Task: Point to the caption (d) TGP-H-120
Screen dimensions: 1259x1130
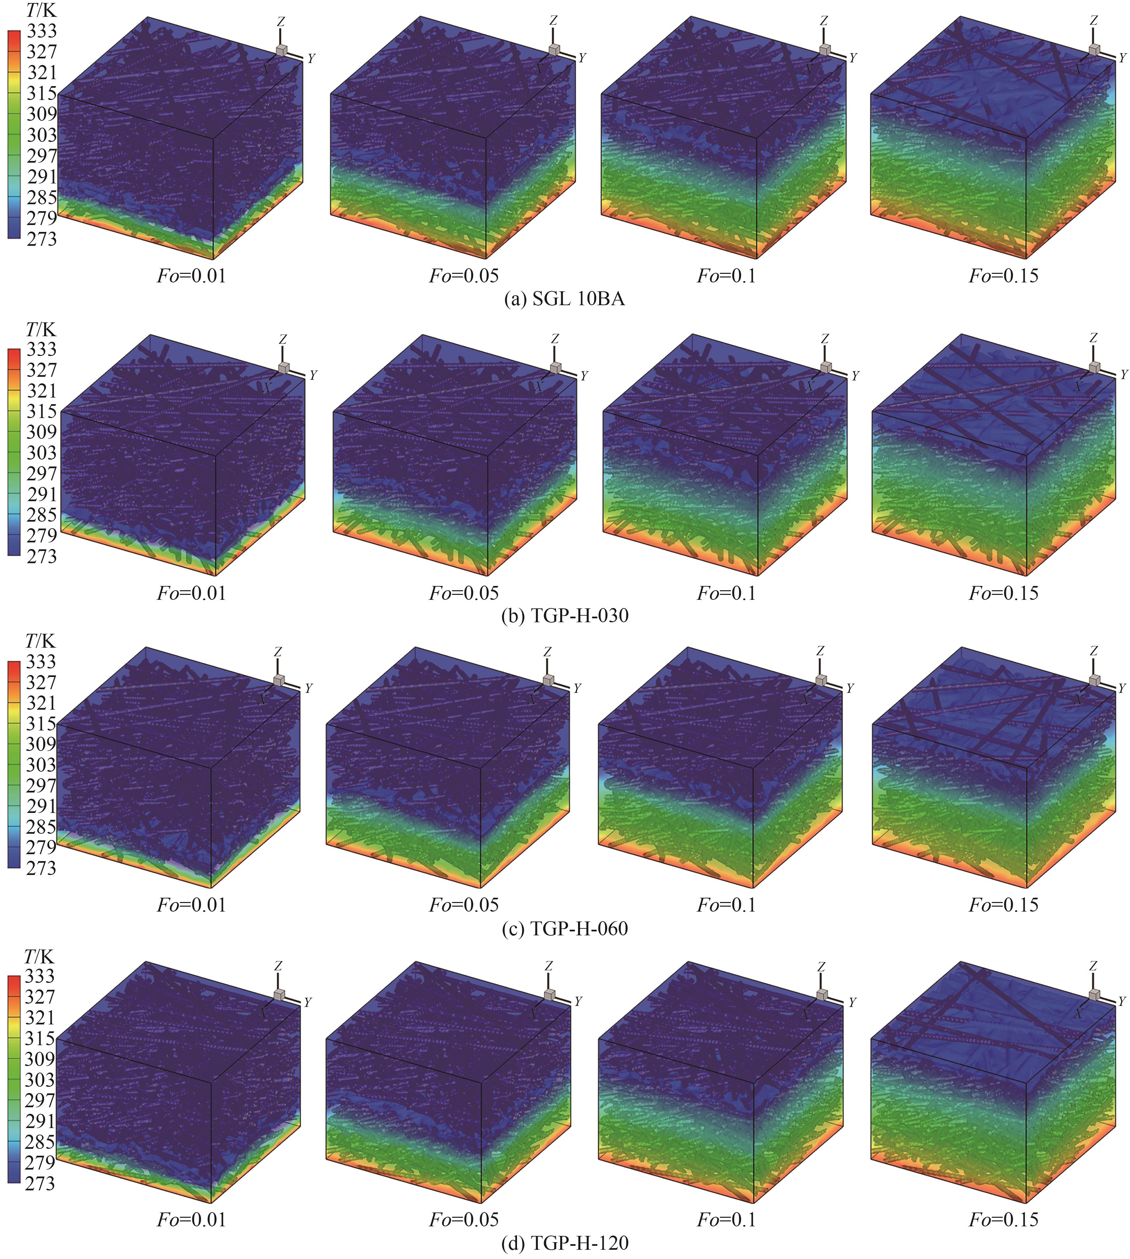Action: (565, 1243)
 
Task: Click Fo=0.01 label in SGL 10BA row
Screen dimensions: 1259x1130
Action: (191, 275)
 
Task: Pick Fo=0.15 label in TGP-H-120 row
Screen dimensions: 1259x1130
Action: (1003, 1219)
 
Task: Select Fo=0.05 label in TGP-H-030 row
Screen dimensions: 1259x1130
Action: (464, 593)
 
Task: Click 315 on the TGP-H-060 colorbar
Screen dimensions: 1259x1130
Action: (41, 724)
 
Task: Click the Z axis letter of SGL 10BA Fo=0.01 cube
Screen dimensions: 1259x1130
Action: (281, 22)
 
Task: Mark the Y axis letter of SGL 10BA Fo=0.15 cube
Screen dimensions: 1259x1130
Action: (1122, 58)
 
